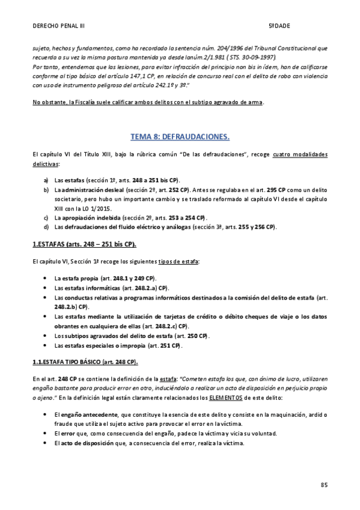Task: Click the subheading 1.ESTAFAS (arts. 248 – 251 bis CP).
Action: point(84,244)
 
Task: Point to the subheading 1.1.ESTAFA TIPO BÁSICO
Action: point(85,361)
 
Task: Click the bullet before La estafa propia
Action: point(47,278)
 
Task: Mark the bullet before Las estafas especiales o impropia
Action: point(47,346)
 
